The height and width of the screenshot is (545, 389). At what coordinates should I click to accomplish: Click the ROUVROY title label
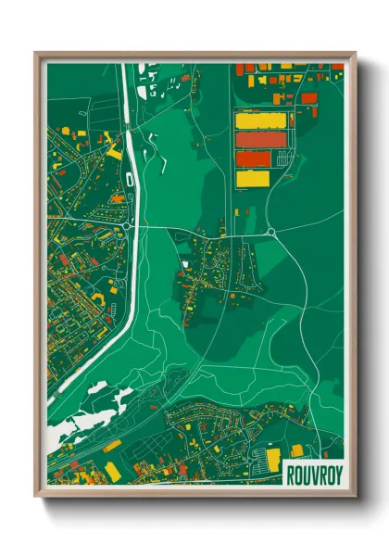(x=312, y=470)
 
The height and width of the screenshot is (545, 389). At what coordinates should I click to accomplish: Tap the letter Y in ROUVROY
(x=337, y=470)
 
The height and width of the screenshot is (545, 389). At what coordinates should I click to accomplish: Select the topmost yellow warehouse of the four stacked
(x=253, y=120)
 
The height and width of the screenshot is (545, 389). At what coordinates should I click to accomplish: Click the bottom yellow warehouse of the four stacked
(x=253, y=177)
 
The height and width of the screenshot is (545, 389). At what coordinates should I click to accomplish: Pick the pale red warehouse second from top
(x=253, y=139)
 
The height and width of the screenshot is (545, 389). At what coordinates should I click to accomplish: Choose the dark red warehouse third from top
(x=253, y=158)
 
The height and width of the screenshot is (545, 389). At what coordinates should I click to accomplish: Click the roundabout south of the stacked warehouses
(x=270, y=232)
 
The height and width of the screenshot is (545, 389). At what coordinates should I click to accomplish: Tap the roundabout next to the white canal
(x=125, y=224)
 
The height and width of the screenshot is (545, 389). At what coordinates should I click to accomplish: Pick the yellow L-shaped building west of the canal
(x=113, y=148)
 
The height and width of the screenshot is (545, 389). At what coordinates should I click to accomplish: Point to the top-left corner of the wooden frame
(x=36, y=53)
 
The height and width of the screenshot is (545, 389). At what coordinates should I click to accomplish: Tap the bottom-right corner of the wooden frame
(x=355, y=494)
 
